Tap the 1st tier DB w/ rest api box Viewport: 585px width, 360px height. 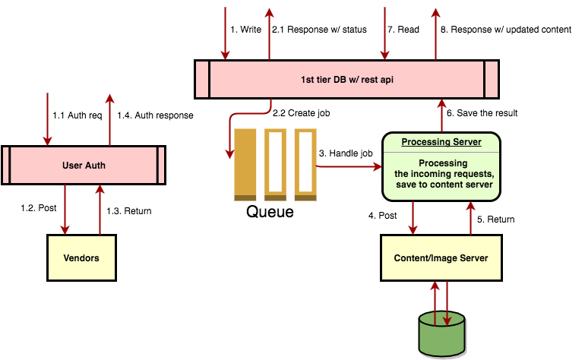click(x=347, y=79)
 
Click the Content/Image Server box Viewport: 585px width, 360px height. click(x=441, y=258)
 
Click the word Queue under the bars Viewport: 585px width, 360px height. click(x=270, y=211)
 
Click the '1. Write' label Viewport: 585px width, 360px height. click(x=246, y=30)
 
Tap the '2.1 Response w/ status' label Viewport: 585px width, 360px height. click(x=319, y=30)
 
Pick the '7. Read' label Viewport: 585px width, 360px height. click(x=403, y=30)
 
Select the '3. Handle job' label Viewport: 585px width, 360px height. click(x=346, y=153)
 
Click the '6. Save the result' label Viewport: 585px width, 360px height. click(x=482, y=112)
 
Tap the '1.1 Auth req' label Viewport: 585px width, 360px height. click(x=77, y=115)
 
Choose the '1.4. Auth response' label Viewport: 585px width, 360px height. click(x=155, y=115)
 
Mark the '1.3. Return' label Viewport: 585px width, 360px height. click(x=128, y=210)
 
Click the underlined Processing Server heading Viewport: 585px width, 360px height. click(x=441, y=142)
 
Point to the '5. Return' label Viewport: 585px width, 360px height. click(x=496, y=219)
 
